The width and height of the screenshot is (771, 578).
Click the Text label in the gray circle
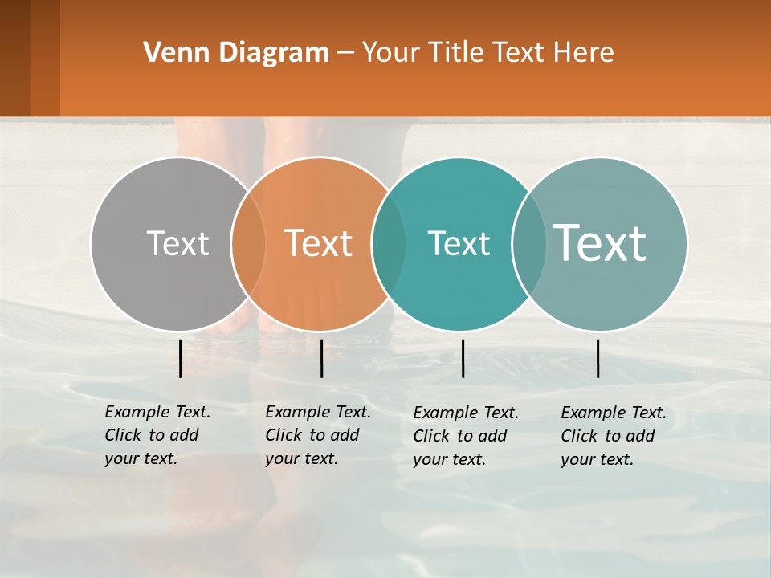click(177, 243)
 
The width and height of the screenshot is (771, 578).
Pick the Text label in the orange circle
click(319, 243)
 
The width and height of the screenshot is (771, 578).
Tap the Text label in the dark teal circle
click(459, 243)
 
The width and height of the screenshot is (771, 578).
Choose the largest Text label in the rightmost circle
click(600, 242)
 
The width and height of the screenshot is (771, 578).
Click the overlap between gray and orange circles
click(248, 243)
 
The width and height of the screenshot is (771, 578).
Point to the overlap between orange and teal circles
click(389, 243)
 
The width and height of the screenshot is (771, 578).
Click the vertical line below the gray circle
click(180, 358)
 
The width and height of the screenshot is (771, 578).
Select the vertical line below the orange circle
click(321, 358)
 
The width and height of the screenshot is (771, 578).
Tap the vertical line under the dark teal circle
click(463, 358)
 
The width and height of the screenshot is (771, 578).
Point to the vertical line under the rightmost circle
click(598, 358)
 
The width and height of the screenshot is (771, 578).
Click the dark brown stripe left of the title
click(14, 58)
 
